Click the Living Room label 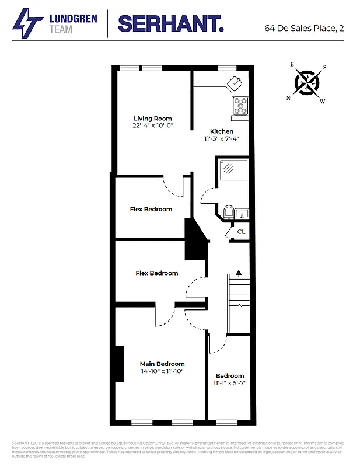[x=153, y=119]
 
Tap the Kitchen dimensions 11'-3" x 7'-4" [x=222, y=139]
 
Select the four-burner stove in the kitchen [x=240, y=106]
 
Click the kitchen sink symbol [x=237, y=83]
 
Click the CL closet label [x=241, y=232]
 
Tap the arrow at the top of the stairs [x=238, y=272]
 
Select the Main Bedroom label [x=162, y=364]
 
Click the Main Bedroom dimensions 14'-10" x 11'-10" [x=162, y=371]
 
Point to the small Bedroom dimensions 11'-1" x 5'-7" [x=230, y=384]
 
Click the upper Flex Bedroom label [x=151, y=209]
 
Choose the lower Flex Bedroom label [x=156, y=273]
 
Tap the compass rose [x=306, y=82]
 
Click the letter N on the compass [x=288, y=98]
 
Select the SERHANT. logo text [x=170, y=24]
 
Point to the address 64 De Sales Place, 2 [x=304, y=27]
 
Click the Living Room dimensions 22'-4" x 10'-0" [x=153, y=126]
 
